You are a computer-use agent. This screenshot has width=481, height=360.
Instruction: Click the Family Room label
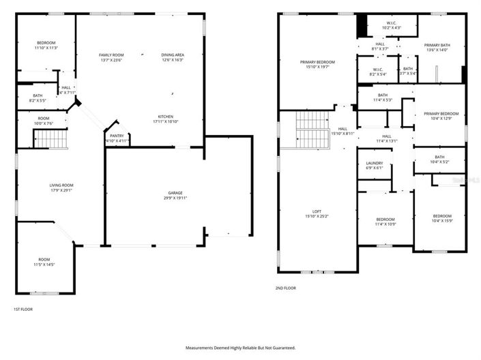point(112,57)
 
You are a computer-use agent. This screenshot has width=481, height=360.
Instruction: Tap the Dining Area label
point(172,57)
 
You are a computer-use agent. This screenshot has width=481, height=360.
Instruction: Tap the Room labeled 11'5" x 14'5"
point(44,262)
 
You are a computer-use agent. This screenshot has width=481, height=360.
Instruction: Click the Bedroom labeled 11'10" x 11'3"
point(46,44)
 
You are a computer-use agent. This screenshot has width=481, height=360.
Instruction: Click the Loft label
point(317,214)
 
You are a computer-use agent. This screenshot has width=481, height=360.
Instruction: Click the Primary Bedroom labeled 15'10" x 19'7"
point(317,65)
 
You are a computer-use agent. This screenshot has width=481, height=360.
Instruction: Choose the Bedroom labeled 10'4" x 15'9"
point(442,218)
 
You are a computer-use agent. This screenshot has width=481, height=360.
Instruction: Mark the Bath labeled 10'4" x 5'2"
point(439,160)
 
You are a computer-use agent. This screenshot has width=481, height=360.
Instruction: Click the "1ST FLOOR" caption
point(23,309)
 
